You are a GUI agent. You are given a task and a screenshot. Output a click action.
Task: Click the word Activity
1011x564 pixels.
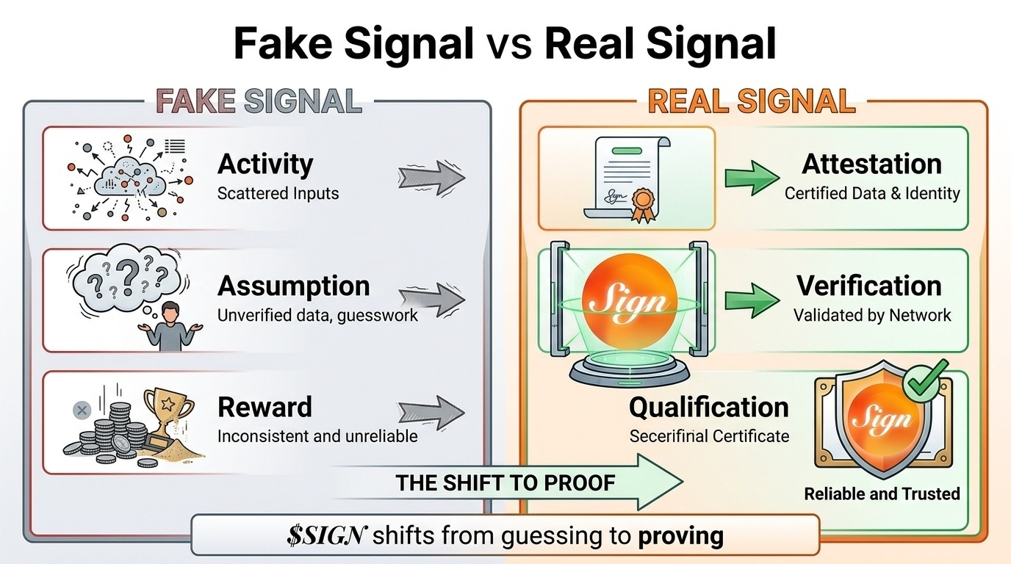pyautogui.click(x=265, y=164)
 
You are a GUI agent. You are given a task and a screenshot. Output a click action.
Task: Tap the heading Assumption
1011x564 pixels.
pyautogui.click(x=294, y=286)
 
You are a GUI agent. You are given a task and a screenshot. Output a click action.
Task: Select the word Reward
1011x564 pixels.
pyautogui.click(x=265, y=407)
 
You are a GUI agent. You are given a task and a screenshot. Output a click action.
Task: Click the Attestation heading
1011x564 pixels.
pyautogui.click(x=871, y=164)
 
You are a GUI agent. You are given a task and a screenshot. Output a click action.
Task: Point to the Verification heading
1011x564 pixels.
pyautogui.click(x=869, y=286)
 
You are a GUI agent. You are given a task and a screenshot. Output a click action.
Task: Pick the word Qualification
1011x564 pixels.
pyautogui.click(x=708, y=407)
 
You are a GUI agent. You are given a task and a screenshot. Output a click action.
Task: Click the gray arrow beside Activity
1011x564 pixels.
pyautogui.click(x=431, y=177)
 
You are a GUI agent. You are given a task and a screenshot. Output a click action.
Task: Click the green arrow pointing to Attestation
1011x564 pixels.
pyautogui.click(x=751, y=177)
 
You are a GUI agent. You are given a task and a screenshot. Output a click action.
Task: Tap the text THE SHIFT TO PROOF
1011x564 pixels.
pyautogui.click(x=505, y=482)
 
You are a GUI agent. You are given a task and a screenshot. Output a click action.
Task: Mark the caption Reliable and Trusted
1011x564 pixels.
pyautogui.click(x=882, y=493)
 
